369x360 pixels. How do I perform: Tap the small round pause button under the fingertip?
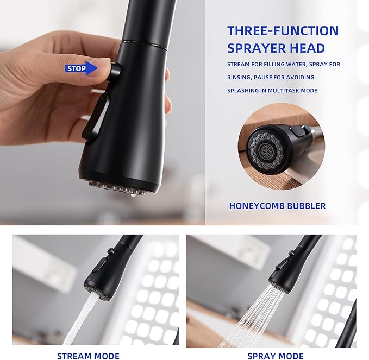(x=116, y=71)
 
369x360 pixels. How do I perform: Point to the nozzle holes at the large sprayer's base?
(x=116, y=188)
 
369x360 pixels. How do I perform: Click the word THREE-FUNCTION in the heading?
(x=283, y=30)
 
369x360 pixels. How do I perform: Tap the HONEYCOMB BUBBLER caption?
(x=277, y=206)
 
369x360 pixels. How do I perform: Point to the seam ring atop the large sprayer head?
(x=144, y=43)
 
